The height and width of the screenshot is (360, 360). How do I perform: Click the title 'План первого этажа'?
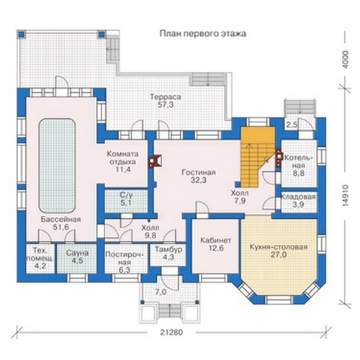pos(203,34)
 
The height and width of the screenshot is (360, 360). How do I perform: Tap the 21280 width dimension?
pos(171,332)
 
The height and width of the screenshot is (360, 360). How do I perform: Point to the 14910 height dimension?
pos(346,195)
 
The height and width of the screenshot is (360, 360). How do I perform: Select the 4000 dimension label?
pos(346,60)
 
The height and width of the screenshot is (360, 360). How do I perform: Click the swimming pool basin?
pos(57,166)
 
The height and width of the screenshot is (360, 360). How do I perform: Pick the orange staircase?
pos(258,157)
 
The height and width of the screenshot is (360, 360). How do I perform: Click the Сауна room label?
pos(77,256)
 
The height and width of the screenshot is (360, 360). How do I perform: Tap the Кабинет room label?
pos(216,244)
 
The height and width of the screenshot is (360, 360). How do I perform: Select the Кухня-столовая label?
pos(279,251)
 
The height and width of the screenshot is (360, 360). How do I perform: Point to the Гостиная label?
pos(199,176)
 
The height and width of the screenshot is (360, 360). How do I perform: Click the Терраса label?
pos(166,101)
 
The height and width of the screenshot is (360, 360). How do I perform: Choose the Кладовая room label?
pos(298,201)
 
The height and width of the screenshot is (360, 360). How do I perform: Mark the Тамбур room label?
pos(168,253)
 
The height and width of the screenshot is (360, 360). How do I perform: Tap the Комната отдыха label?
pos(123,161)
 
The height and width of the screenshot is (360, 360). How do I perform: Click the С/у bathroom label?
pos(126,199)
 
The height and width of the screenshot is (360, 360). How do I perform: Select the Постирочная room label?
pos(125,262)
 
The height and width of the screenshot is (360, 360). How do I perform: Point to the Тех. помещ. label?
pos(40,258)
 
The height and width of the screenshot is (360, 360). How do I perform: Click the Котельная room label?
pos(298,166)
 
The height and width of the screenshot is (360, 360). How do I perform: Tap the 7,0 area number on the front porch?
pos(161,292)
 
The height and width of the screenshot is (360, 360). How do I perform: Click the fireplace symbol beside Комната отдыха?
pos(156,161)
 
